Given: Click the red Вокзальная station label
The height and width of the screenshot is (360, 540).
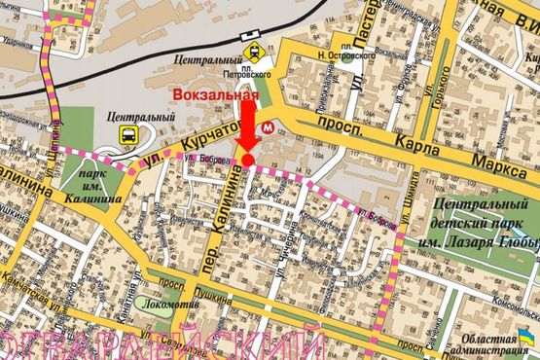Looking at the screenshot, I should tap(215, 95).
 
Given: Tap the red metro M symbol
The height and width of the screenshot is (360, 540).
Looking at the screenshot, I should tap(269, 127).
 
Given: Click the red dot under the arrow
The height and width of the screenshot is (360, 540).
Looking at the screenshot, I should tap(247, 160).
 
